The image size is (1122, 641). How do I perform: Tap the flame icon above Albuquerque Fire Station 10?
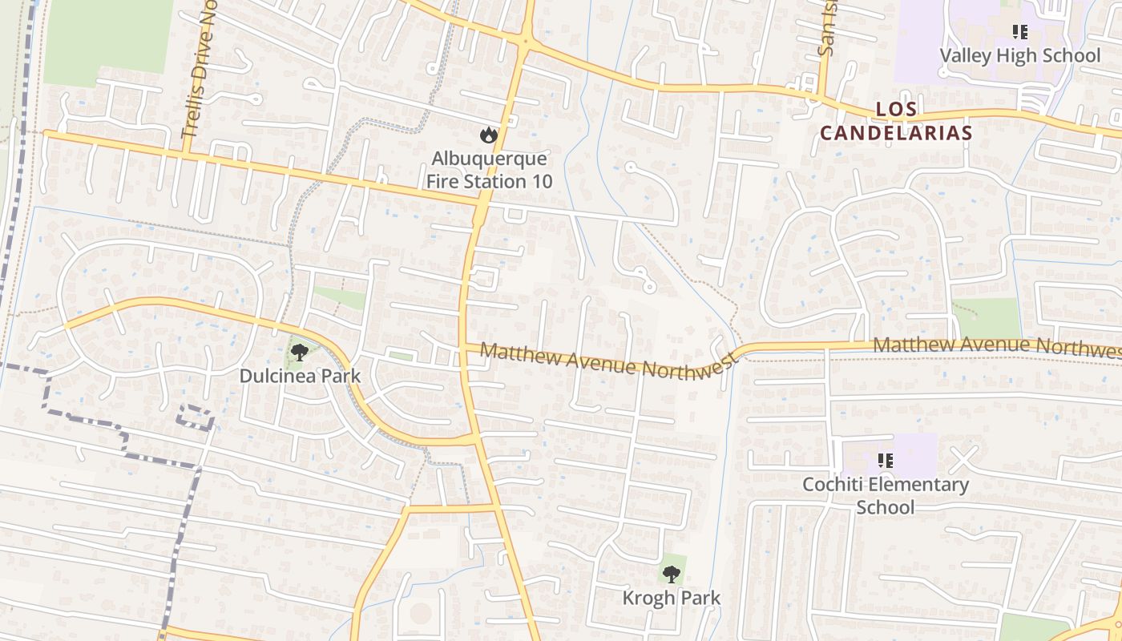(x=488, y=135)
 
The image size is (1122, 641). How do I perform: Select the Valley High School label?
(x=1019, y=55)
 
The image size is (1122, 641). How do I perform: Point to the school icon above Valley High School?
(x=1019, y=32)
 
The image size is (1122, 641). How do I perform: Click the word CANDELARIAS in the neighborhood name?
(x=896, y=133)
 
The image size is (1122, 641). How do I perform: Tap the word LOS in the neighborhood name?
(x=896, y=109)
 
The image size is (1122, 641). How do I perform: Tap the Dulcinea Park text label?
(x=300, y=376)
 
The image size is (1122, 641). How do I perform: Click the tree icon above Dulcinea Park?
(x=300, y=352)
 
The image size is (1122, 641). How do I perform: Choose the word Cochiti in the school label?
(x=834, y=485)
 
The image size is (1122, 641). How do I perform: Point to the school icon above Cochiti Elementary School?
(x=886, y=461)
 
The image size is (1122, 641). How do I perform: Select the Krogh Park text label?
(x=672, y=598)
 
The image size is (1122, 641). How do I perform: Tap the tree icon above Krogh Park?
(x=672, y=574)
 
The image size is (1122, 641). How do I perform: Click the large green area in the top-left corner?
(x=107, y=40)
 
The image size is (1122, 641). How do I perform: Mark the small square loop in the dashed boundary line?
(x=196, y=417)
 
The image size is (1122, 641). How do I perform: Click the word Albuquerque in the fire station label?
(x=489, y=159)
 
